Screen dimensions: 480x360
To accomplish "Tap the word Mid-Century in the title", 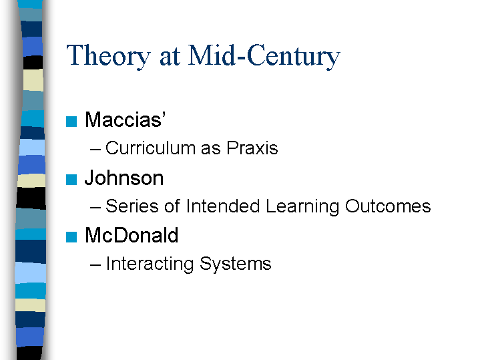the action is [x=264, y=56].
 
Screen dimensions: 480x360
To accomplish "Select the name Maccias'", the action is [x=126, y=119].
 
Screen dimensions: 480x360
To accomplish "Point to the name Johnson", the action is [x=124, y=178].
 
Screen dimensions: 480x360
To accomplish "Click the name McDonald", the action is [x=132, y=235].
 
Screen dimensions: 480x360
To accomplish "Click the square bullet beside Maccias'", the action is [x=71, y=122].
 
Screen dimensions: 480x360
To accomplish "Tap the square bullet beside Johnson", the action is [x=71, y=180].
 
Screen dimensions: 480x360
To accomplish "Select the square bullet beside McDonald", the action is [x=71, y=237].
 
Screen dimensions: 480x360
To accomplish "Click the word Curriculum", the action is [x=150, y=148].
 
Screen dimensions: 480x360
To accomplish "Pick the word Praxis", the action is [x=252, y=148].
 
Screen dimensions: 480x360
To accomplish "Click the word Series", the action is [x=132, y=206].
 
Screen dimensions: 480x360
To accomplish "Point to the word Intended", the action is [x=223, y=206].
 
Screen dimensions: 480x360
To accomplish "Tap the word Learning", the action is [x=302, y=207].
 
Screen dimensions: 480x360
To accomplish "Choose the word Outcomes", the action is [x=388, y=206].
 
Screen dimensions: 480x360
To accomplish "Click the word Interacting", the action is [x=150, y=264].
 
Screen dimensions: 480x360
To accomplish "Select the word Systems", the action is [x=236, y=264].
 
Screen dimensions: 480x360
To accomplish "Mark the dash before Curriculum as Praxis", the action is [x=95, y=150].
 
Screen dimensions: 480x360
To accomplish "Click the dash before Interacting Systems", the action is [x=95, y=265].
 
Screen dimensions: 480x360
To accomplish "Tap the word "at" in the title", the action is [x=170, y=57].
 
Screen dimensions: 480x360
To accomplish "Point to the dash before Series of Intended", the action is [x=95, y=208].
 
